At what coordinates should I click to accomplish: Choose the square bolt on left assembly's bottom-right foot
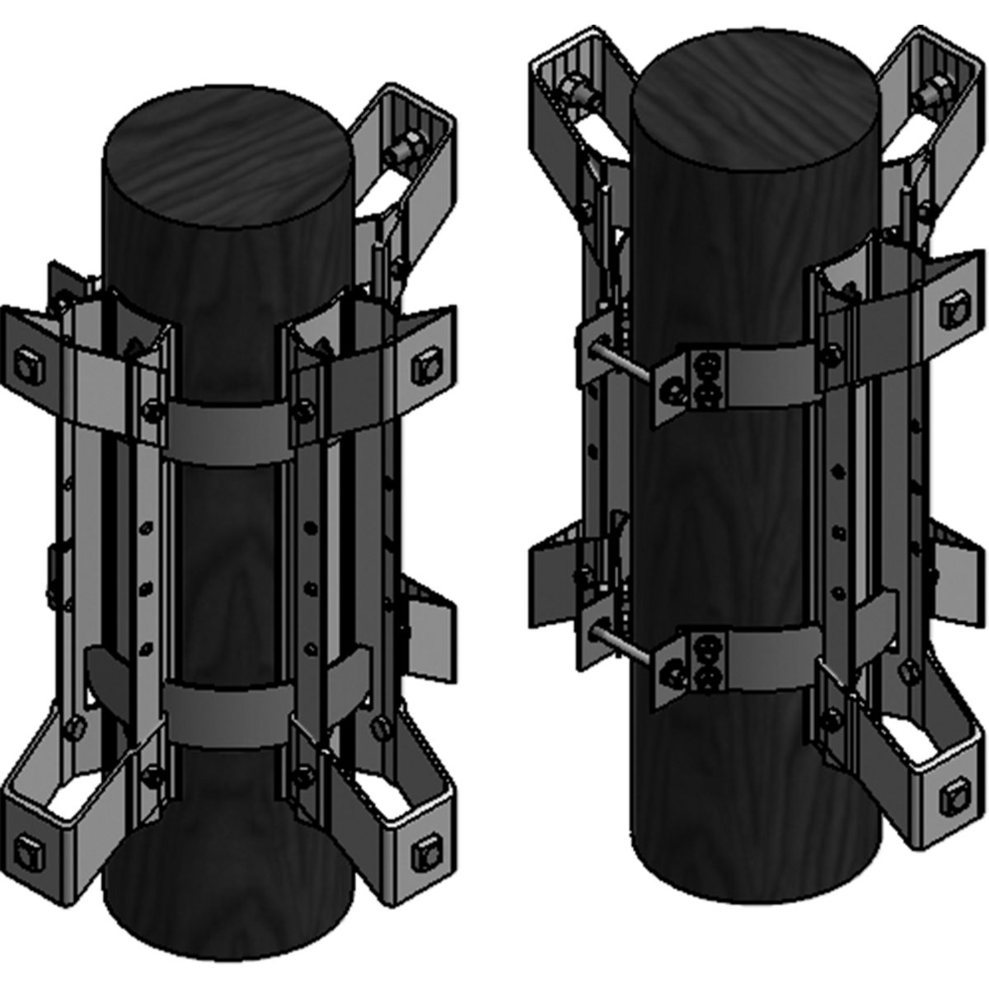(426, 846)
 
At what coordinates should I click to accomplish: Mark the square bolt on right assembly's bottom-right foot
(952, 794)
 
